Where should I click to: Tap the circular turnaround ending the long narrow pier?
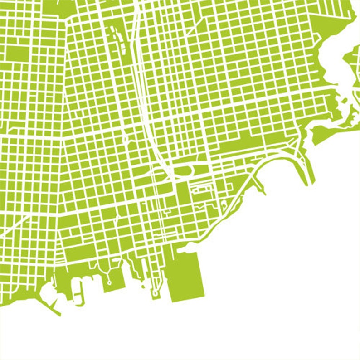coord(155,293)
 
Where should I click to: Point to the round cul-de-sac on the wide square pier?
coord(109,282)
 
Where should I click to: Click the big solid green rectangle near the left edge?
coord(17,54)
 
